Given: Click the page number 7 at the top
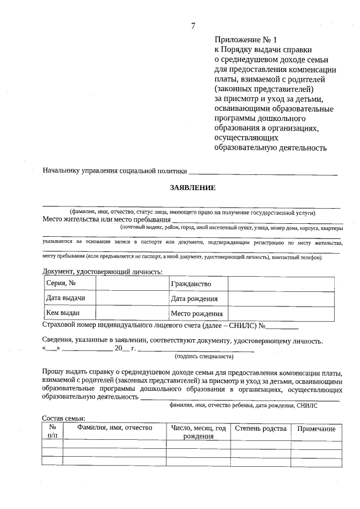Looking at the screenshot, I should pyautogui.click(x=193, y=26).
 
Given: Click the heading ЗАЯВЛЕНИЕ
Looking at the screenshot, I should pyautogui.click(x=193, y=188).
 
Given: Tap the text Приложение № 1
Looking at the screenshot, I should pyautogui.click(x=246, y=40).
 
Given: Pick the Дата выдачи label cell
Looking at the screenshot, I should pyautogui.click(x=69, y=298).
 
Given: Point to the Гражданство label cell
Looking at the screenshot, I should pyautogui.click(x=191, y=283).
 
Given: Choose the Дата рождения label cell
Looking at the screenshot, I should pyautogui.click(x=194, y=299).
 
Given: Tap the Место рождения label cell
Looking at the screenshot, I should pyautogui.click(x=197, y=314).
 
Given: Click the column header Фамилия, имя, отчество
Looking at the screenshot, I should pyautogui.click(x=114, y=429).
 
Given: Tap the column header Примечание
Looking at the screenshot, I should pyautogui.click(x=316, y=429).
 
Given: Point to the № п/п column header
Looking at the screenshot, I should pyautogui.click(x=52, y=432).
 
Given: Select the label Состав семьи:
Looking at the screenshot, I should pyautogui.click(x=64, y=418).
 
